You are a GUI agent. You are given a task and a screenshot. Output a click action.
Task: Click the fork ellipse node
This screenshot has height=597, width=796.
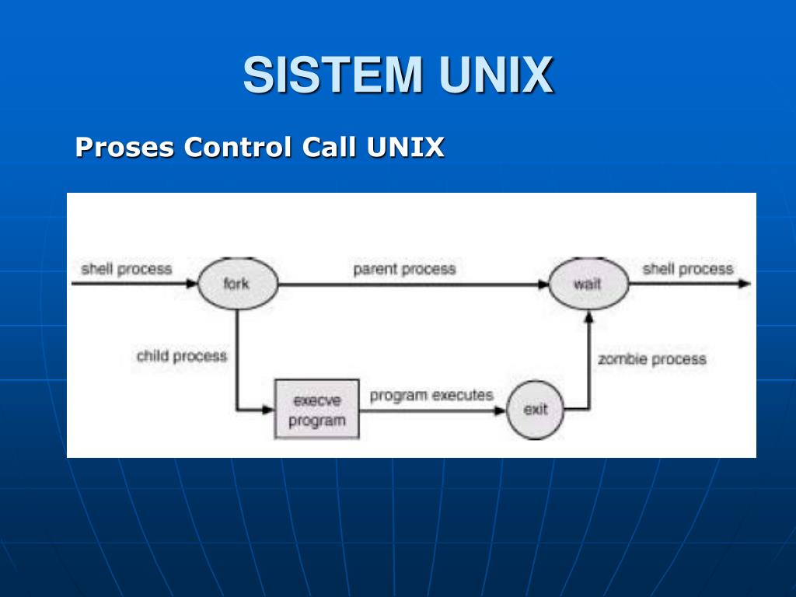click(x=238, y=283)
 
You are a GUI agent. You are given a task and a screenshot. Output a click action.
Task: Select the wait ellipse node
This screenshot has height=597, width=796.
click(x=588, y=283)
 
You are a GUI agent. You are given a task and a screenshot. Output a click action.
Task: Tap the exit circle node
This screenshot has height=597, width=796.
click(x=535, y=410)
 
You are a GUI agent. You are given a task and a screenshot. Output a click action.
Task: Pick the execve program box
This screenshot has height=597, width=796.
click(x=317, y=409)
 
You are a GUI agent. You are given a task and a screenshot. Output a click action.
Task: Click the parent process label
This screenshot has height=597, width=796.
click(x=404, y=269)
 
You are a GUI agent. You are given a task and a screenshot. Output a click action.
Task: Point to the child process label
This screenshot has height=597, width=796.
click(x=182, y=356)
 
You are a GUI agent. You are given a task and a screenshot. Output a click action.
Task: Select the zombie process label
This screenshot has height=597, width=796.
click(x=652, y=359)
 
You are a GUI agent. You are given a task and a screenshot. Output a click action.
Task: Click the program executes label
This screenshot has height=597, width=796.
click(x=431, y=395)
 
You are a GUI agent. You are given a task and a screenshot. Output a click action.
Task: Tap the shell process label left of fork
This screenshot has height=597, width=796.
click(x=127, y=269)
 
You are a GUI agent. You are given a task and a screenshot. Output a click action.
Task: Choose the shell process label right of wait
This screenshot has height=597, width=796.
click(x=688, y=269)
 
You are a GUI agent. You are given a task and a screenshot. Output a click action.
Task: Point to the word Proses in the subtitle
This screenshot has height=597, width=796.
click(x=125, y=147)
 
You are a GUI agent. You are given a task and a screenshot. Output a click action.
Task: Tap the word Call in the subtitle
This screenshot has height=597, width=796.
click(x=329, y=147)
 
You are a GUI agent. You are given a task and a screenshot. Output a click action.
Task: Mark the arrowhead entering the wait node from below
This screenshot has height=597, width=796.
click(x=589, y=318)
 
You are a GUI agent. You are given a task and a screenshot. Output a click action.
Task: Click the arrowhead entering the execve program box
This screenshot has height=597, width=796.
click(x=268, y=409)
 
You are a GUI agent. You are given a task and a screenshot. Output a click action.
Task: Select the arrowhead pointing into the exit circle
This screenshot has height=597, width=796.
click(x=500, y=410)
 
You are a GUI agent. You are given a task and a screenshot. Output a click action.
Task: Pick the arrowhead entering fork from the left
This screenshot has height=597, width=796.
click(x=191, y=283)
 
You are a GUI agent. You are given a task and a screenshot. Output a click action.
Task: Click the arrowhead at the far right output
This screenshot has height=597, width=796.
click(x=744, y=283)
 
